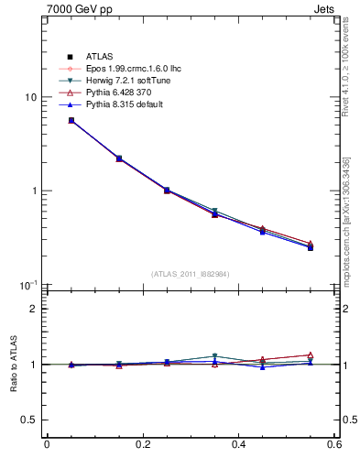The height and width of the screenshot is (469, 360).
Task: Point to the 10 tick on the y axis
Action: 31,98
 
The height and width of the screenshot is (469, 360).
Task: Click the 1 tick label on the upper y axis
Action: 34,191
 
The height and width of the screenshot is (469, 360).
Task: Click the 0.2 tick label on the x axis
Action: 142,445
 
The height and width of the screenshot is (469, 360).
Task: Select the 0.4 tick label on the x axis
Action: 238,445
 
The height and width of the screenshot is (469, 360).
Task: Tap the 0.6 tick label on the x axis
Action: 333,445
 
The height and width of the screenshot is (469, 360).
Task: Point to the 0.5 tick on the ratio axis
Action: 29,420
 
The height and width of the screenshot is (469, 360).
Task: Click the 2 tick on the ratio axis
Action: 34,309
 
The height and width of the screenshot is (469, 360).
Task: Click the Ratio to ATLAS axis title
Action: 11,365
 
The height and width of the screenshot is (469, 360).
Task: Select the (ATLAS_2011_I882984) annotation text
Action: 191,274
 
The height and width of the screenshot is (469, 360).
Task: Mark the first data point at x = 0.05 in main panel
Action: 71,120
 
